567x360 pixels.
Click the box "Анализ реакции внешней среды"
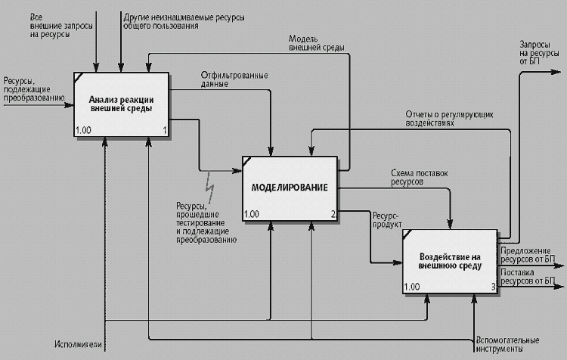pos(122,104)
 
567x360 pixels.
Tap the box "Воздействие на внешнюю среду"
pos(449,262)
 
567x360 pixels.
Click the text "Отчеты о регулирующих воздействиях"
pos(449,117)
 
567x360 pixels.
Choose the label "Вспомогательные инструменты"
pos(508,345)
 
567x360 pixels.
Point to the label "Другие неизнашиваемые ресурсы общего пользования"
pos(169,20)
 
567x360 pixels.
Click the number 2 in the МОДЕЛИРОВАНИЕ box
pos(333,214)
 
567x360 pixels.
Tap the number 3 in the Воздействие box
pos(493,287)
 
